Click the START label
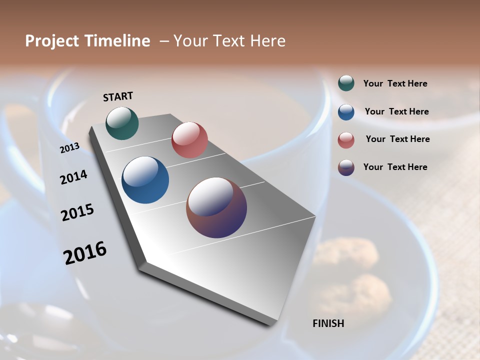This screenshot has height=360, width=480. point(118,96)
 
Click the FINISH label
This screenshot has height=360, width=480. point(328,323)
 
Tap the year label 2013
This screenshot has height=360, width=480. point(69,148)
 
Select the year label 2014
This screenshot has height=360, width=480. point(73,177)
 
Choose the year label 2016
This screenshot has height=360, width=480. point(85,252)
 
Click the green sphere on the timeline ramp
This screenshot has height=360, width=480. point(122,123)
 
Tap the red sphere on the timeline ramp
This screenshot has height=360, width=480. point(189,140)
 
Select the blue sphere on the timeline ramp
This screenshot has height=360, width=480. point(145,180)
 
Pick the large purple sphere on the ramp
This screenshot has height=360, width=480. point(216,207)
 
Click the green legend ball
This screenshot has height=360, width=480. point(346,83)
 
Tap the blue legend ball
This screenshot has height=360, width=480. point(346,111)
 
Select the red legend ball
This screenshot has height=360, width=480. point(346,139)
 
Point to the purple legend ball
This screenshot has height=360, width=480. point(346,167)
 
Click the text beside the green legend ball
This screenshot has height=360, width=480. point(395,83)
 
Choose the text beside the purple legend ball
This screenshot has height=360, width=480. point(395,167)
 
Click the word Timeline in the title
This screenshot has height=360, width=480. point(117,41)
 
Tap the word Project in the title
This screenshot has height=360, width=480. point(50,41)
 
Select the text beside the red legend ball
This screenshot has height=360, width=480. point(397,139)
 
